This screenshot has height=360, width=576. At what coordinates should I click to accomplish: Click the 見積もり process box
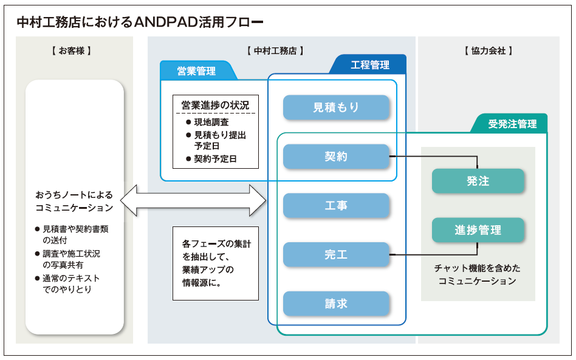336,107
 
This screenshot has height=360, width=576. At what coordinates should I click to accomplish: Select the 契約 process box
336,157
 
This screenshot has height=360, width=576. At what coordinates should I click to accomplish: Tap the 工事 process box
336,206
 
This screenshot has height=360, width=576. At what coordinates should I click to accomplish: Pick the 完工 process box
336,254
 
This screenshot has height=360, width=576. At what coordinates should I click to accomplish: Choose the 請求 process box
336,304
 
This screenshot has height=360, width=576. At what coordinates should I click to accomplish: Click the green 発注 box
478,181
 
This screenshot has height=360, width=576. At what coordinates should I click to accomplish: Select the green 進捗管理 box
478,230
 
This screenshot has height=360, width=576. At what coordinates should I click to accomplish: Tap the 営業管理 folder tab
197,70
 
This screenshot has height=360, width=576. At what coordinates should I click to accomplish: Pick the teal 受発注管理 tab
510,124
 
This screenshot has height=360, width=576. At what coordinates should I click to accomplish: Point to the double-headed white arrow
193,200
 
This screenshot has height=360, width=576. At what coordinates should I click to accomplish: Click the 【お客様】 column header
71,50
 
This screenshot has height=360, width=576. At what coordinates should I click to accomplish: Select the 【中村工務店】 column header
275,50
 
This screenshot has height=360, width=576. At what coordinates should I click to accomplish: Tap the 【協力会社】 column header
489,50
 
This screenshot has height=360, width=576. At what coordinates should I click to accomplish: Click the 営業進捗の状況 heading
215,105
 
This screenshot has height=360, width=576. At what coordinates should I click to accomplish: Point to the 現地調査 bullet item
208,122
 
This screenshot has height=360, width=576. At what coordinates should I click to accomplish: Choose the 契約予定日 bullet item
211,159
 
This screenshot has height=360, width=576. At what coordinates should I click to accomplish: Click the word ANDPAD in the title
166,22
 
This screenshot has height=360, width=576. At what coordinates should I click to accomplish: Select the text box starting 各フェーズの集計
216,263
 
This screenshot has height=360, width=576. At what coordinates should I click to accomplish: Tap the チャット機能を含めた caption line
477,268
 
